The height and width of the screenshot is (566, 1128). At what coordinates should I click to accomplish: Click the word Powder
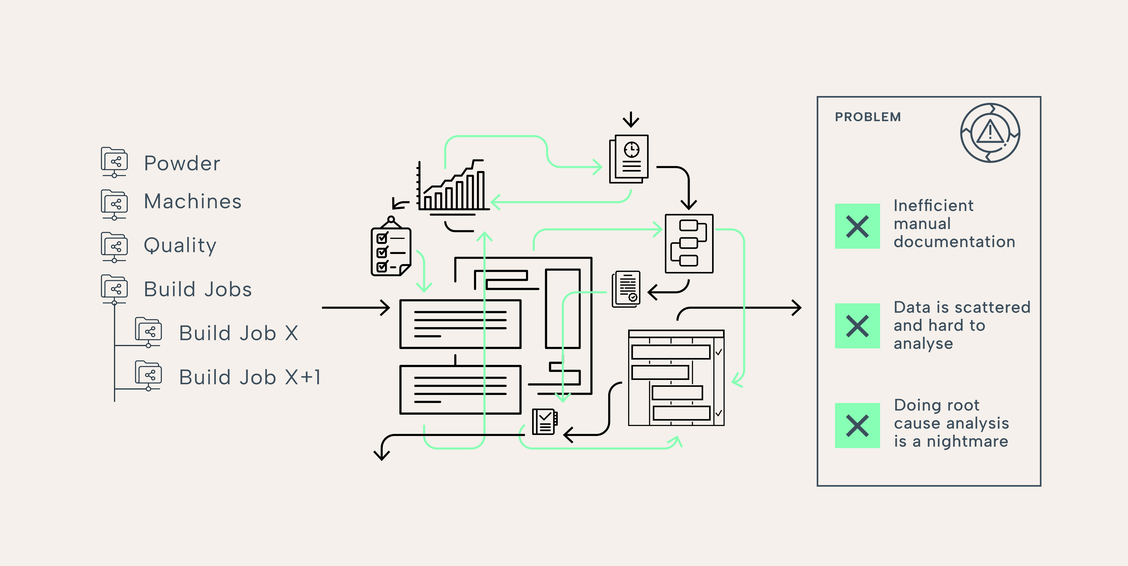tap(182, 164)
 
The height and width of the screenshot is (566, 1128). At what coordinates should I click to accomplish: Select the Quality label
tap(180, 245)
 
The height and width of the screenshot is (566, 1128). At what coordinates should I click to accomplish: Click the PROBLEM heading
tap(868, 117)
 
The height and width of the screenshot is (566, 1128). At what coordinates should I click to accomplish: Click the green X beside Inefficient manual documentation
tap(857, 226)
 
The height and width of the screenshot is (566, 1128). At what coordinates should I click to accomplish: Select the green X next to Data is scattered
tap(857, 326)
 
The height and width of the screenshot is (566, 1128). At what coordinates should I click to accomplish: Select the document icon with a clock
tap(629, 158)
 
